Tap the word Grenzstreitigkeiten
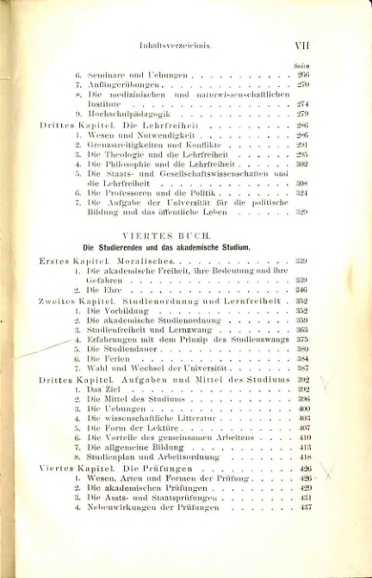point(116,146)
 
